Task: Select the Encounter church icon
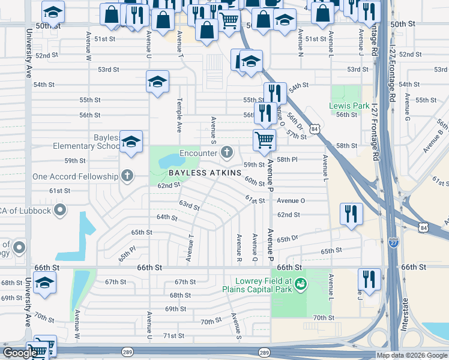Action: click(227, 152)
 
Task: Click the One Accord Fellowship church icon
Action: click(127, 176)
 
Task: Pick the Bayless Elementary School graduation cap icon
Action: click(131, 142)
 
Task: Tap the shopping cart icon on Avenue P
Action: click(264, 141)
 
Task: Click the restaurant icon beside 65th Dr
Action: click(351, 214)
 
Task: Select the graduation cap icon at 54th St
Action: click(157, 82)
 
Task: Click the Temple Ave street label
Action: click(178, 117)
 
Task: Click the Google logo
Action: click(19, 353)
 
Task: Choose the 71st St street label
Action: click(174, 336)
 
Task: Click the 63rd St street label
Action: click(189, 206)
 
